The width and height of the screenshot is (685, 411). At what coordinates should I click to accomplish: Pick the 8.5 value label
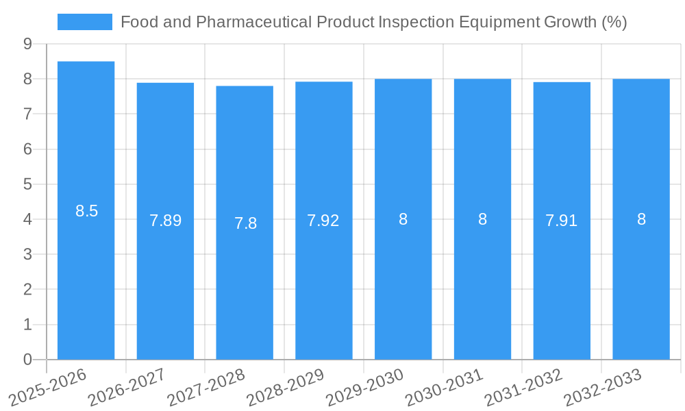pyautogui.click(x=87, y=211)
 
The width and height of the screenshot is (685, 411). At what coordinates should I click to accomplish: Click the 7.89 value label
pyautogui.click(x=166, y=221)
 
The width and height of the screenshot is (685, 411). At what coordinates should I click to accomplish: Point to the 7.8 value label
pyautogui.click(x=245, y=223)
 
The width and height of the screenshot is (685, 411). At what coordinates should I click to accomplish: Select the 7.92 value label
pyautogui.click(x=323, y=221)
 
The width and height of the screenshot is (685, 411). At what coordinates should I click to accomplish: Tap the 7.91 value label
pyautogui.click(x=562, y=221)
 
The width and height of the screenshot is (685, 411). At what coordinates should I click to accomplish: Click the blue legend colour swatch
pyautogui.click(x=85, y=22)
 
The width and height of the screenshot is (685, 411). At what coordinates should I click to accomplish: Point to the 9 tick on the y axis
pyautogui.click(x=27, y=44)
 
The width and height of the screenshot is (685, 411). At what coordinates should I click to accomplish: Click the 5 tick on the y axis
pyautogui.click(x=27, y=184)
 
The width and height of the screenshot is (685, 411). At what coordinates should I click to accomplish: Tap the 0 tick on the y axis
pyautogui.click(x=27, y=360)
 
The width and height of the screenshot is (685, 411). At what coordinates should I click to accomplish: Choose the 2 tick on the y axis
pyautogui.click(x=27, y=290)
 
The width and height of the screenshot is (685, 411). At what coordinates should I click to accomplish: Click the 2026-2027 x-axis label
pyautogui.click(x=127, y=388)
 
